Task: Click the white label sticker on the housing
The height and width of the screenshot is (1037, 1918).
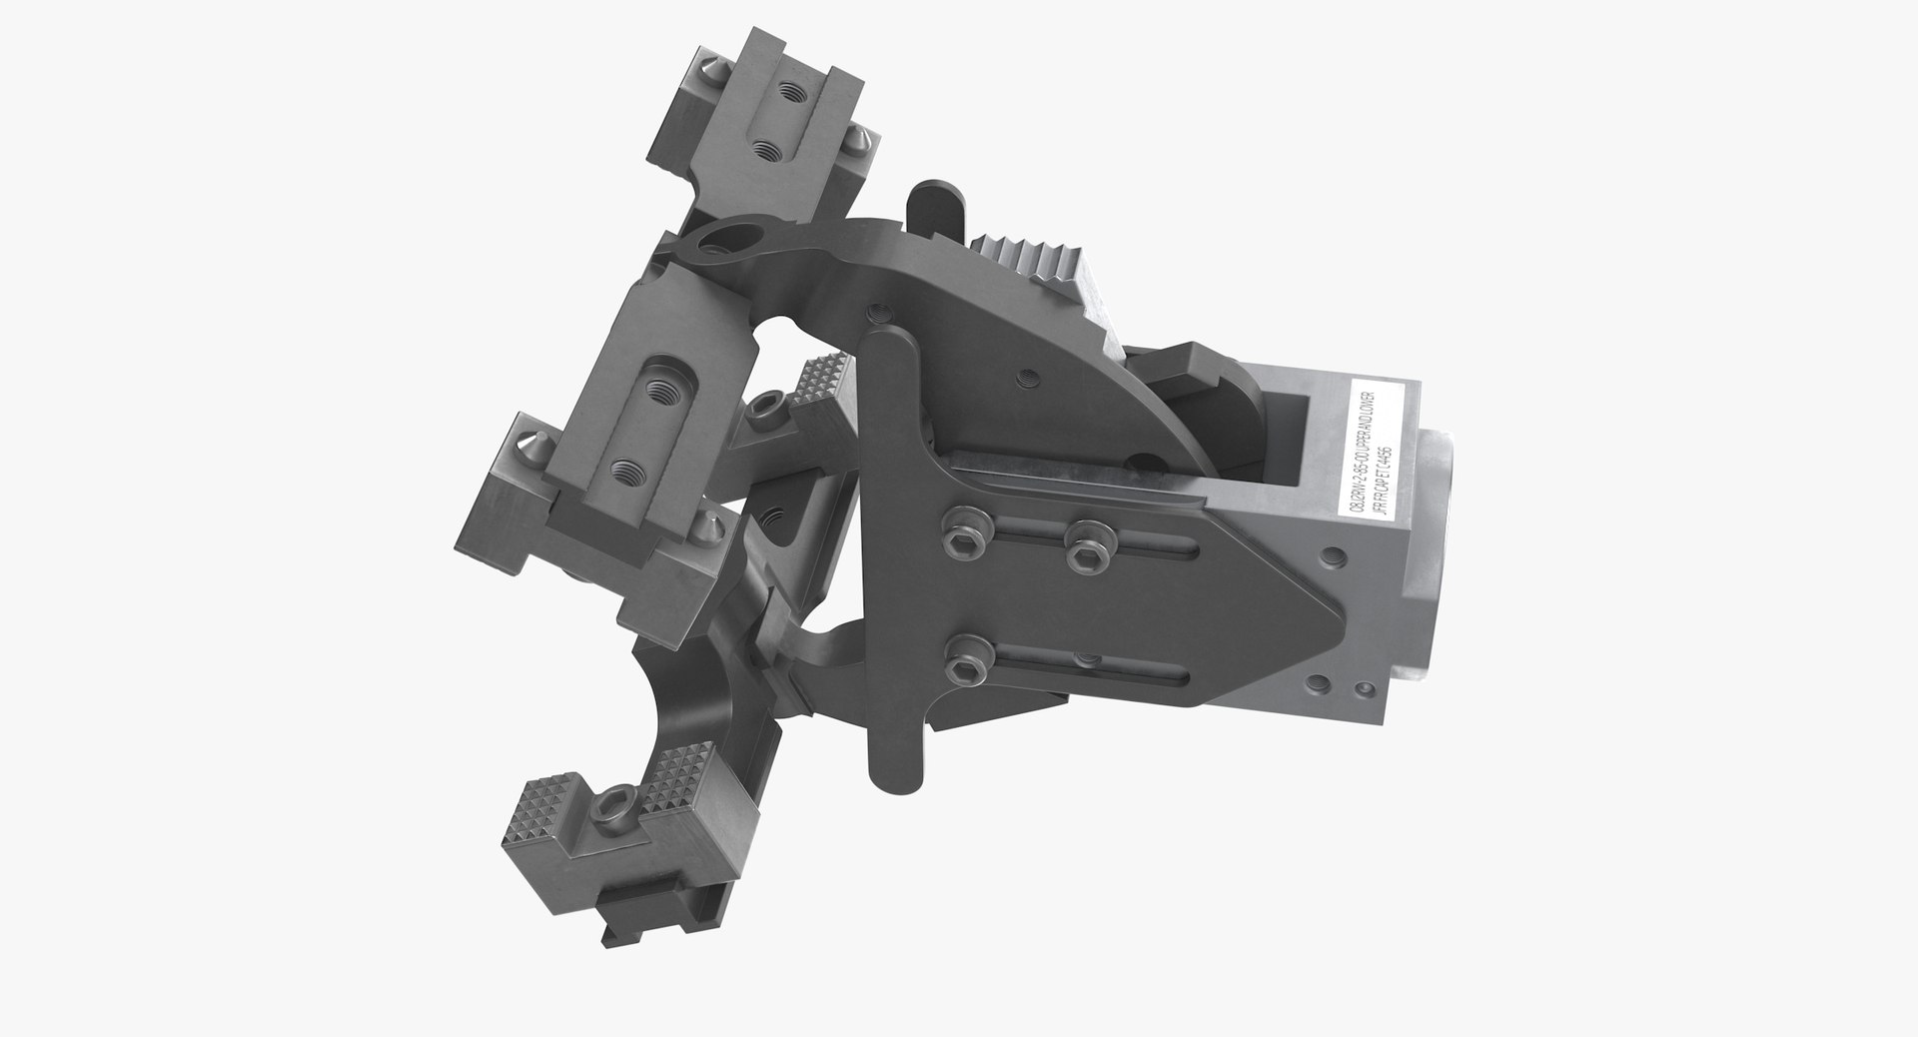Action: (x=1377, y=447)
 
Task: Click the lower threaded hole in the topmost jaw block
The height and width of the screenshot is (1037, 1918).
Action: (x=767, y=151)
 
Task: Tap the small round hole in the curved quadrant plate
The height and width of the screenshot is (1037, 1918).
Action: (x=1025, y=379)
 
